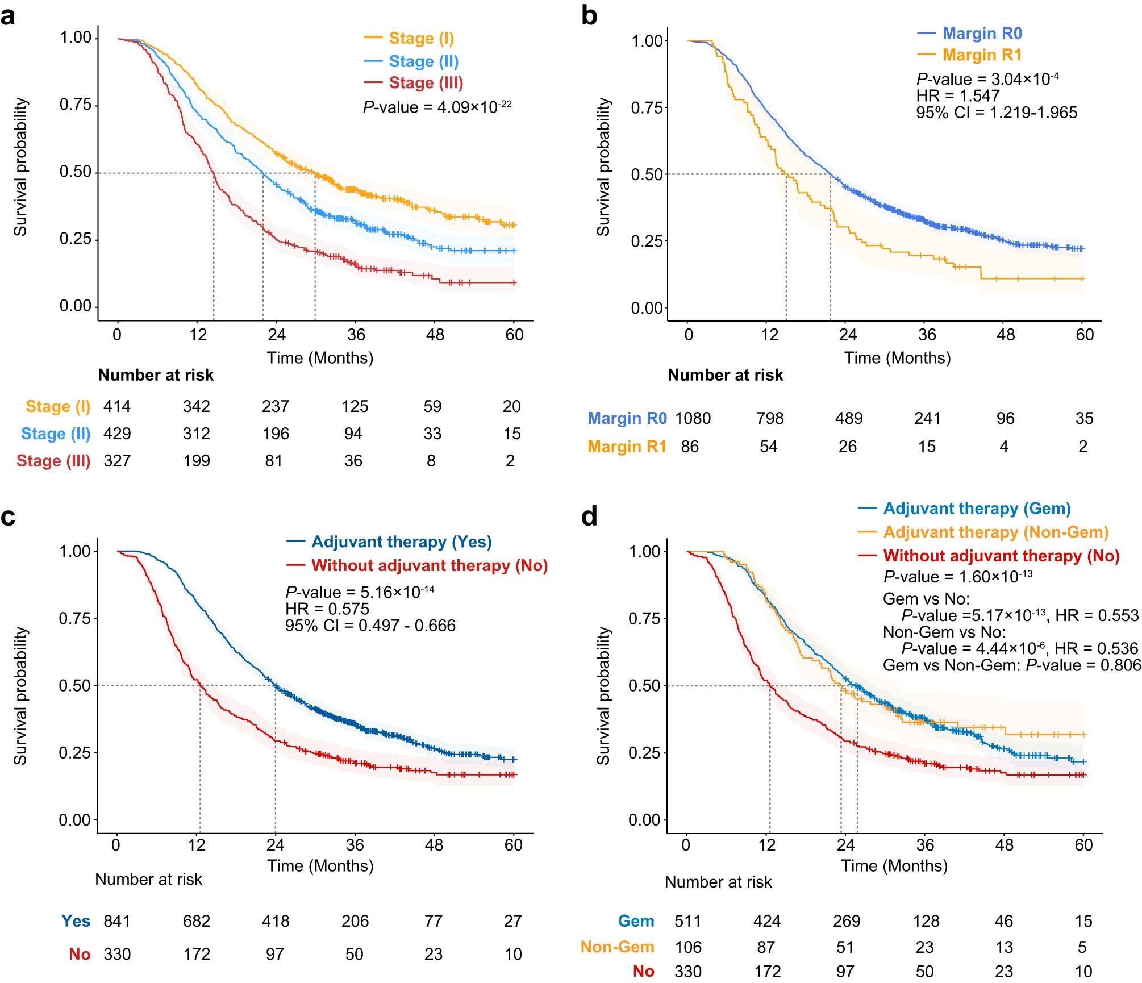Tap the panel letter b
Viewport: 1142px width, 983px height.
pos(589,16)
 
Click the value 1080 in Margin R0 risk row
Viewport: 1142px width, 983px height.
pos(692,418)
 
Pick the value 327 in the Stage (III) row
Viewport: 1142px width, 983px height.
pos(117,461)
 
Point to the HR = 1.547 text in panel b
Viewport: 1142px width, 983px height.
pos(957,95)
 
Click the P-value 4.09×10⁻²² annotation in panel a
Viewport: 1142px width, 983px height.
pos(437,107)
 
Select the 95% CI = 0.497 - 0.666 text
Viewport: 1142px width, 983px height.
pos(370,626)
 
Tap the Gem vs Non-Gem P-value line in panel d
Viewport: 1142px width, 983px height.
pos(1011,665)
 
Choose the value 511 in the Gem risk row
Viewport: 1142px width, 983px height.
pos(687,921)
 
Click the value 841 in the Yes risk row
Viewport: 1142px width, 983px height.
pos(117,921)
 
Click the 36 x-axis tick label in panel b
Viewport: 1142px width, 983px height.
pos(927,335)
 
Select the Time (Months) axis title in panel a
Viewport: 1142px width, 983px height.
pos(320,358)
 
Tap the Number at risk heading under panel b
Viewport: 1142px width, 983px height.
pos(725,375)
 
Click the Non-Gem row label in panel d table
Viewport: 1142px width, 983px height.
pos(617,947)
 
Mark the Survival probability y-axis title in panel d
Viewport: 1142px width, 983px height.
pos(603,695)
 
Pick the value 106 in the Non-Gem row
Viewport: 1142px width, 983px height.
pos(687,947)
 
